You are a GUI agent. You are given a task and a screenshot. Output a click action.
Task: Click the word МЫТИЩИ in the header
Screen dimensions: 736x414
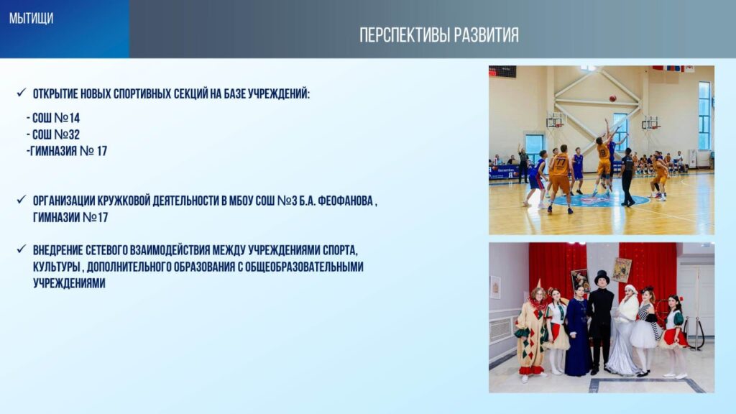click(31, 18)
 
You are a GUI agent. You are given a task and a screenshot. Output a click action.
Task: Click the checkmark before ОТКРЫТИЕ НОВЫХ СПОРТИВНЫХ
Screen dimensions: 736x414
click(21, 93)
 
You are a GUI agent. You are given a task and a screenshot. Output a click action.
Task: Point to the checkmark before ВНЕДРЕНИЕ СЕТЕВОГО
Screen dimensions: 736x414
click(21, 249)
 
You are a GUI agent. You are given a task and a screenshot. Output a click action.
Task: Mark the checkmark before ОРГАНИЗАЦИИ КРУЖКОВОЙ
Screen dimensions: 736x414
click(21, 200)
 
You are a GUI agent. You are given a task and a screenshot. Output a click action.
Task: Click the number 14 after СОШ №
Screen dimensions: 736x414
click(74, 118)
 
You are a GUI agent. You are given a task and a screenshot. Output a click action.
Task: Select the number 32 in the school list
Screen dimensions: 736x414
click(74, 134)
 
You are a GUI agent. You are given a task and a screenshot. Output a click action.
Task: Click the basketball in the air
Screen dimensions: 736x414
click(612, 98)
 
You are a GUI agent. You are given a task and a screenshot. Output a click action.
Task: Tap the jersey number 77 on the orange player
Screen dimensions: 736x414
click(561, 162)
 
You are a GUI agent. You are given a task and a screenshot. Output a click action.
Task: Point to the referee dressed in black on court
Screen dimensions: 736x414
click(627, 178)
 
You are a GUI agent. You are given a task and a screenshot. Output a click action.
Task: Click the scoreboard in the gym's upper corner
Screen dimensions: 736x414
click(502, 71)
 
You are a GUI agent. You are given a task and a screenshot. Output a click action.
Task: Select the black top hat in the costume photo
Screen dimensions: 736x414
click(602, 277)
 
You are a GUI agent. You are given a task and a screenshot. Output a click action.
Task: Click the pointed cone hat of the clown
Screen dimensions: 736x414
click(538, 283)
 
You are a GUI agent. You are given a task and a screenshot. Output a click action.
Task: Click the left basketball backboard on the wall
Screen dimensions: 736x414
click(556, 119)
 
